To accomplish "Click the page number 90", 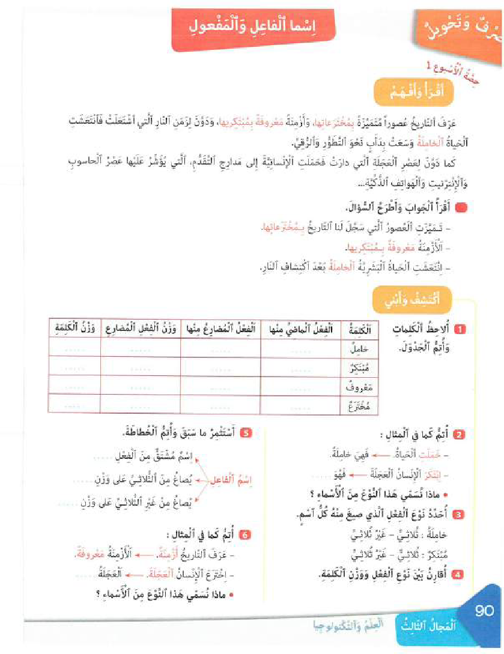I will pyautogui.click(x=484, y=611).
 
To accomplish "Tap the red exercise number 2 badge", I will pyautogui.click(x=458, y=435).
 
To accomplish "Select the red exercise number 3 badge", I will pyautogui.click(x=458, y=514).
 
